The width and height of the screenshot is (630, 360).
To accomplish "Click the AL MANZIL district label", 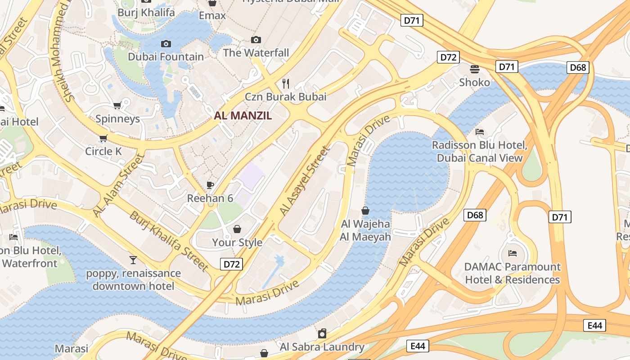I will [x=243, y=116].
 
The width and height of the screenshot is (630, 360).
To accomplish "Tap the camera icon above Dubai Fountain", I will [x=166, y=44].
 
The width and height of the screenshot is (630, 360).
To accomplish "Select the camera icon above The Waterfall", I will [x=256, y=40].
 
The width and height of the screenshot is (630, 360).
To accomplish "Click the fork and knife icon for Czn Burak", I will [x=285, y=83].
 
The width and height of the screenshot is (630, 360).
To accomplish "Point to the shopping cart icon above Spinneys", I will [x=117, y=106].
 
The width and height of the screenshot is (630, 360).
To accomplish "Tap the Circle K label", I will [x=103, y=151].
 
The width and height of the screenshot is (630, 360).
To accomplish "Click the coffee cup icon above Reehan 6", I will [x=210, y=185].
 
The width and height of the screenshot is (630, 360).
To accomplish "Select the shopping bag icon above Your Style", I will [x=237, y=229].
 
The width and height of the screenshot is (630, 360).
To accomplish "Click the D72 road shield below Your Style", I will [x=232, y=264].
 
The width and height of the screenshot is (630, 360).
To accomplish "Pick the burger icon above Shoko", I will [x=475, y=69].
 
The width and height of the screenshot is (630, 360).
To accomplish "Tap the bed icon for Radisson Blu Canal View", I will [x=480, y=132].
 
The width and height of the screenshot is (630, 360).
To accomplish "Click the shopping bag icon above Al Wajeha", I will [x=365, y=211].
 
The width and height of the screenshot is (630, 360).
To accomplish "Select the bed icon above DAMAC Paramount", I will [x=512, y=253].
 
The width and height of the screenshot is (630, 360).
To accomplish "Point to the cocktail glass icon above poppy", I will [x=133, y=260].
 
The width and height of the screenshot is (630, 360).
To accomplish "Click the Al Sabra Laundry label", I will [x=322, y=346].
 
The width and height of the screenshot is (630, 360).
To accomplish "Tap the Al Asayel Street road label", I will [x=305, y=180].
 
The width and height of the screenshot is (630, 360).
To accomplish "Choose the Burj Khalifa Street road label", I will [x=169, y=241].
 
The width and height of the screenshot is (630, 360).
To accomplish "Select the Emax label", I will [x=212, y=16].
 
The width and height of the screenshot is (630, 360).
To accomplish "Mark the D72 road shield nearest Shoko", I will [x=448, y=57].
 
